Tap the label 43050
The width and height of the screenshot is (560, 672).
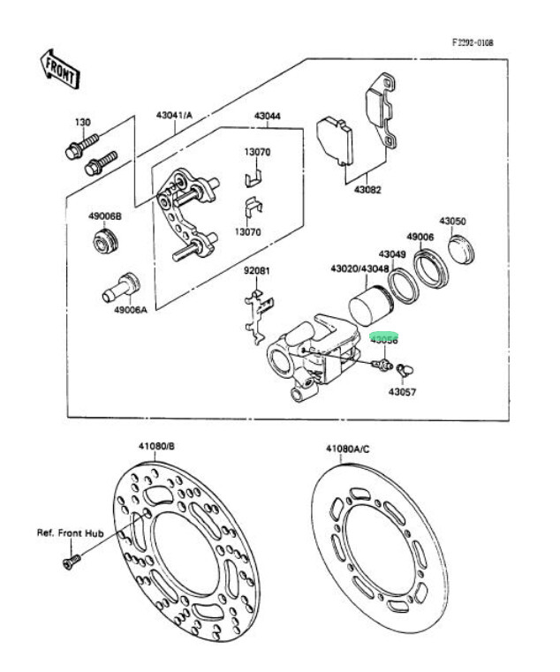453,222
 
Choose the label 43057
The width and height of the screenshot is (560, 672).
401,389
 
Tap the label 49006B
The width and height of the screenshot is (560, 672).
105,216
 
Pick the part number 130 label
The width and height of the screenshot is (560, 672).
82,122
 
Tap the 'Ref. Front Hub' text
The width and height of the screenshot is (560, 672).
70,533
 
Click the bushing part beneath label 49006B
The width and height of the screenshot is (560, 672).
106,240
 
